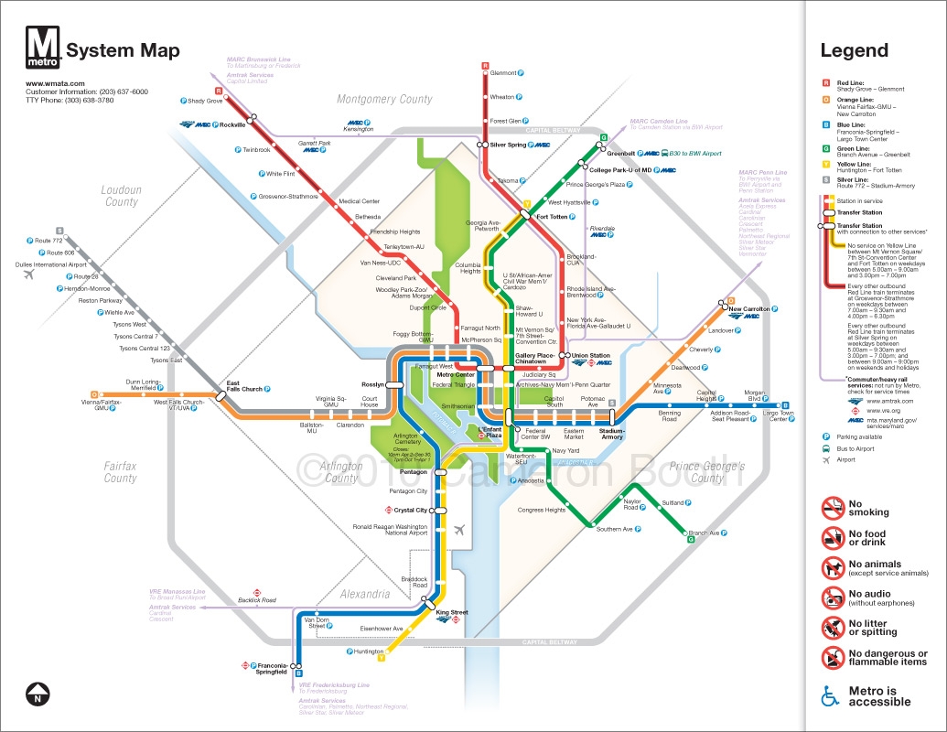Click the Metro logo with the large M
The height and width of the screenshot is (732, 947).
44,48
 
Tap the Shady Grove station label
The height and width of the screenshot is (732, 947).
206,101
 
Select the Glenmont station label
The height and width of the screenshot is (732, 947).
503,73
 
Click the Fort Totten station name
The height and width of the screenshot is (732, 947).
553,217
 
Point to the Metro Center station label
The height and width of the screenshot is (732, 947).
455,375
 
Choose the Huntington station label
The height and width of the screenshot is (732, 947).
369,651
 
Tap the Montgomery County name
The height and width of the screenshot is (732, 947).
384,99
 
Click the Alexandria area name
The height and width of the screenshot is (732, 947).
365,594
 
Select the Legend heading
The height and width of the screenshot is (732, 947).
854,51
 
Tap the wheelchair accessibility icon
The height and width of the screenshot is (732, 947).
830,696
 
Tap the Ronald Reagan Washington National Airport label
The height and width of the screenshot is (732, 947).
391,530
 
